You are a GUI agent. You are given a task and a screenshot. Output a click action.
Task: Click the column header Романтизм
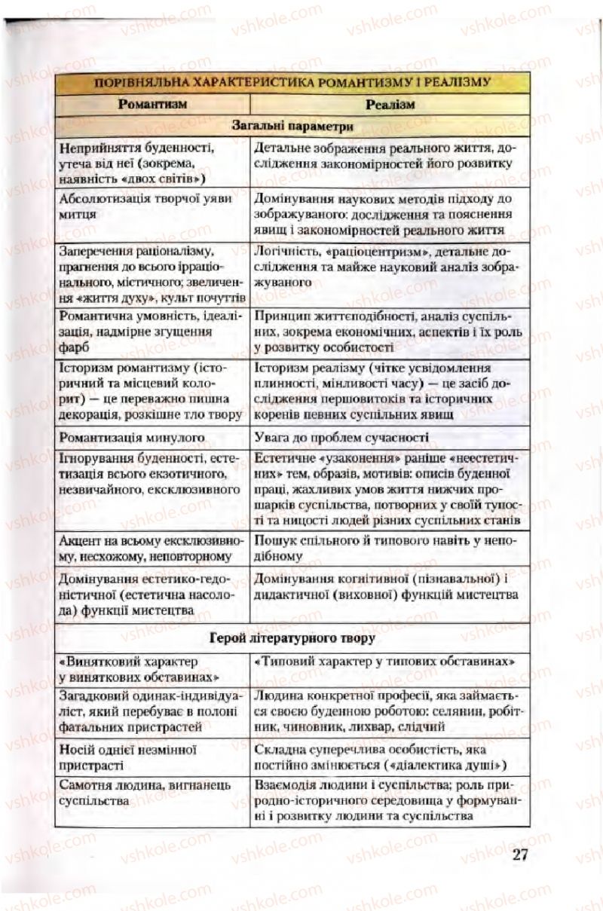(x=152, y=104)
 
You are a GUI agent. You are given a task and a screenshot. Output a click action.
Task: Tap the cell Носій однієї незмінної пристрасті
(x=127, y=757)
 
